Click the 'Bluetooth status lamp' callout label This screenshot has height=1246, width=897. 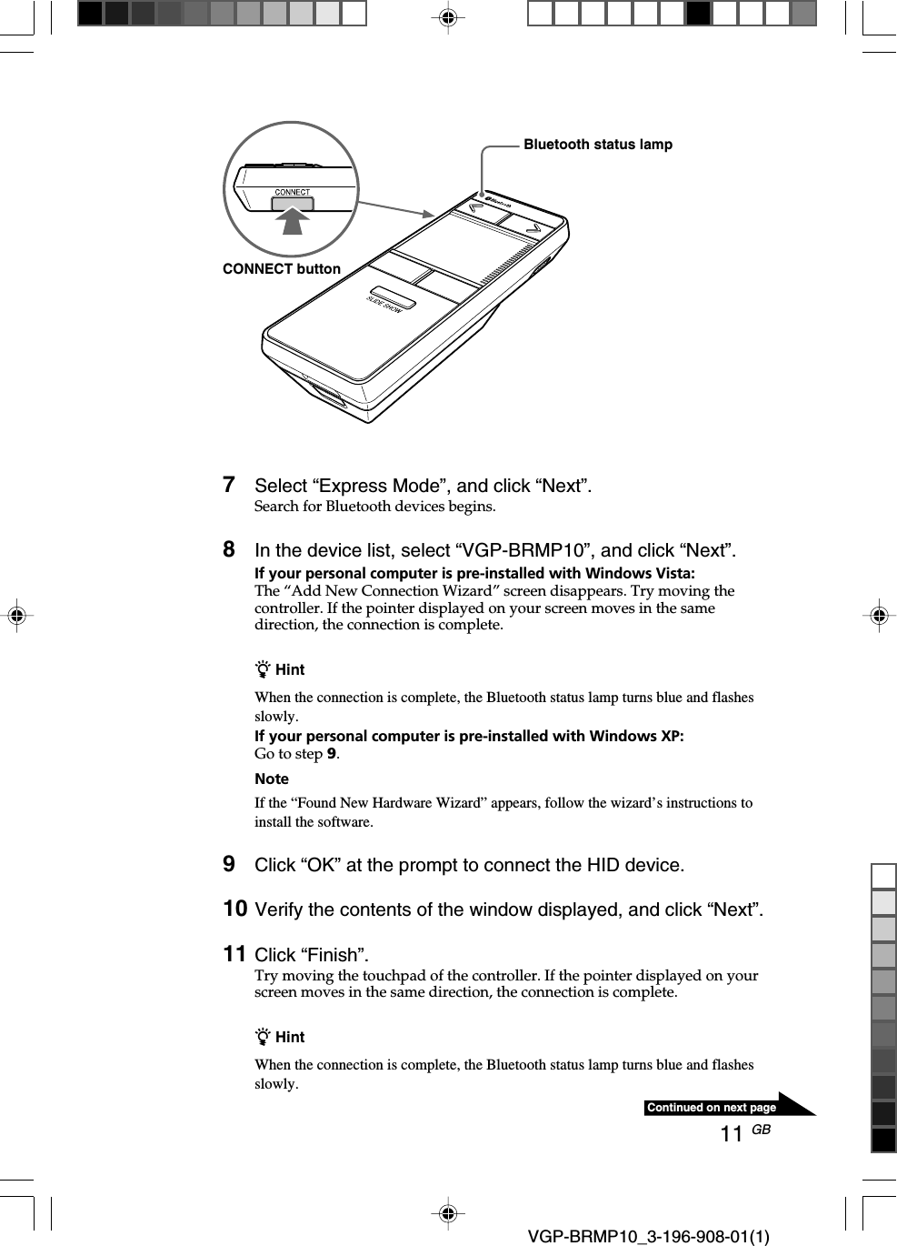coord(597,145)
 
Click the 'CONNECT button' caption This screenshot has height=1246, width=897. coord(281,269)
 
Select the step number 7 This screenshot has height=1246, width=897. coord(229,485)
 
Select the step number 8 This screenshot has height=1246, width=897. coord(229,549)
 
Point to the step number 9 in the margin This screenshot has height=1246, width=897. coord(229,864)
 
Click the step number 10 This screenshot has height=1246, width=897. coord(234,909)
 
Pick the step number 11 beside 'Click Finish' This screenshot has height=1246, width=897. coord(234,954)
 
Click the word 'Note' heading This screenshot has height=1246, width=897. coord(272,779)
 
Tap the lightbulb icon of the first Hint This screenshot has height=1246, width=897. coord(263,670)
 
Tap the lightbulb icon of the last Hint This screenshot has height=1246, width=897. coord(263,1038)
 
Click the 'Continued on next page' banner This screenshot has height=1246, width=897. coord(712,1108)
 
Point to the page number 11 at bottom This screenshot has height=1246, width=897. coord(732,1134)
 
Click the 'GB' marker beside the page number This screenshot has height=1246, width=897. coord(762,1130)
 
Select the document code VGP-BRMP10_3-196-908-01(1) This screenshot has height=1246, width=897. coord(648,1236)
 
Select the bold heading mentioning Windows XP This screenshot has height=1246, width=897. coord(469,737)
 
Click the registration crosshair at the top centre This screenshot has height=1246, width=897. coord(447,17)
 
